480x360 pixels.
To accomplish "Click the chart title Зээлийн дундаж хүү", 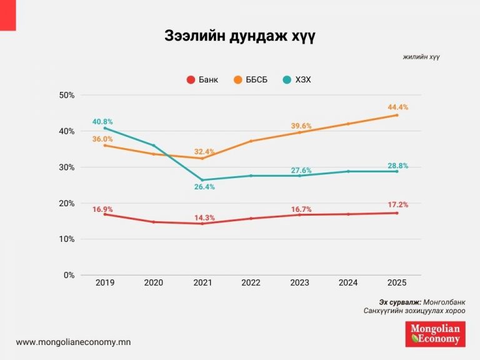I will pyautogui.click(x=240, y=36).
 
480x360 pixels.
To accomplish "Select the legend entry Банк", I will pyautogui.click(x=203, y=79).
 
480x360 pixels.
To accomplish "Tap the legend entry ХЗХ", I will pyautogui.click(x=296, y=79).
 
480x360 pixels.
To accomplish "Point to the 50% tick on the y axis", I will pyautogui.click(x=66, y=95).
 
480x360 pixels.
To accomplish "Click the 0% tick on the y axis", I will pyautogui.click(x=69, y=275).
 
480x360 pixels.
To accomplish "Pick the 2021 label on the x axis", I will pyautogui.click(x=202, y=282).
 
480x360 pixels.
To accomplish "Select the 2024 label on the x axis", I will pyautogui.click(x=348, y=282).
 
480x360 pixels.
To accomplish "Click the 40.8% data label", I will pyautogui.click(x=102, y=122).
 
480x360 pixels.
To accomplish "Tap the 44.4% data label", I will pyautogui.click(x=397, y=107).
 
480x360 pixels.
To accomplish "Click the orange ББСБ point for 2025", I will pyautogui.click(x=397, y=115).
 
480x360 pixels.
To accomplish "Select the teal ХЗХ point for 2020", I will pyautogui.click(x=154, y=146).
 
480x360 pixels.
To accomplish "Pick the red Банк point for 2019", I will pyautogui.click(x=105, y=214).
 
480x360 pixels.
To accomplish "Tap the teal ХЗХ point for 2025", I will pyautogui.click(x=397, y=171).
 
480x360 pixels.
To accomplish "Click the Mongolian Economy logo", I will pyautogui.click(x=435, y=334).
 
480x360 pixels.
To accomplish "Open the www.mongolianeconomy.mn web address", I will pyautogui.click(x=73, y=342).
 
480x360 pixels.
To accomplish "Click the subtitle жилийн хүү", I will pyautogui.click(x=421, y=57).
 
